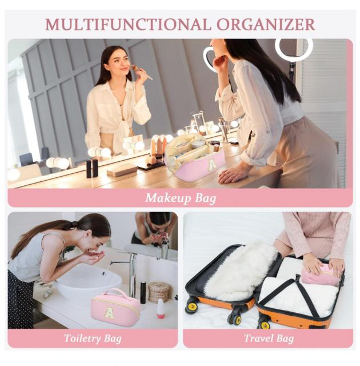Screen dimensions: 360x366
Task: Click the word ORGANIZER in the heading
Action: click(x=266, y=24)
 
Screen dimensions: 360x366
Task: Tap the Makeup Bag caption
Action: click(x=181, y=198)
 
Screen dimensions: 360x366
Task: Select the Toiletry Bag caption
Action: click(x=93, y=339)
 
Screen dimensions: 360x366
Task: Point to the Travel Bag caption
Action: click(x=269, y=339)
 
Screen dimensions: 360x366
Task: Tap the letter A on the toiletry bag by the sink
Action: click(x=109, y=313)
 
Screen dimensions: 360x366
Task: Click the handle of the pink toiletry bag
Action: click(x=115, y=293)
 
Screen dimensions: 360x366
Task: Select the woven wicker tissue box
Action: click(x=159, y=292)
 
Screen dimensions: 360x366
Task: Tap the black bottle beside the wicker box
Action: click(x=143, y=292)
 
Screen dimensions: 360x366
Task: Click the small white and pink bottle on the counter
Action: click(x=161, y=309)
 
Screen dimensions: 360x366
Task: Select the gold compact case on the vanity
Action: click(x=122, y=170)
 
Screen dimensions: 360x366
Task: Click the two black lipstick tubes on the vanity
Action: click(x=92, y=169)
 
